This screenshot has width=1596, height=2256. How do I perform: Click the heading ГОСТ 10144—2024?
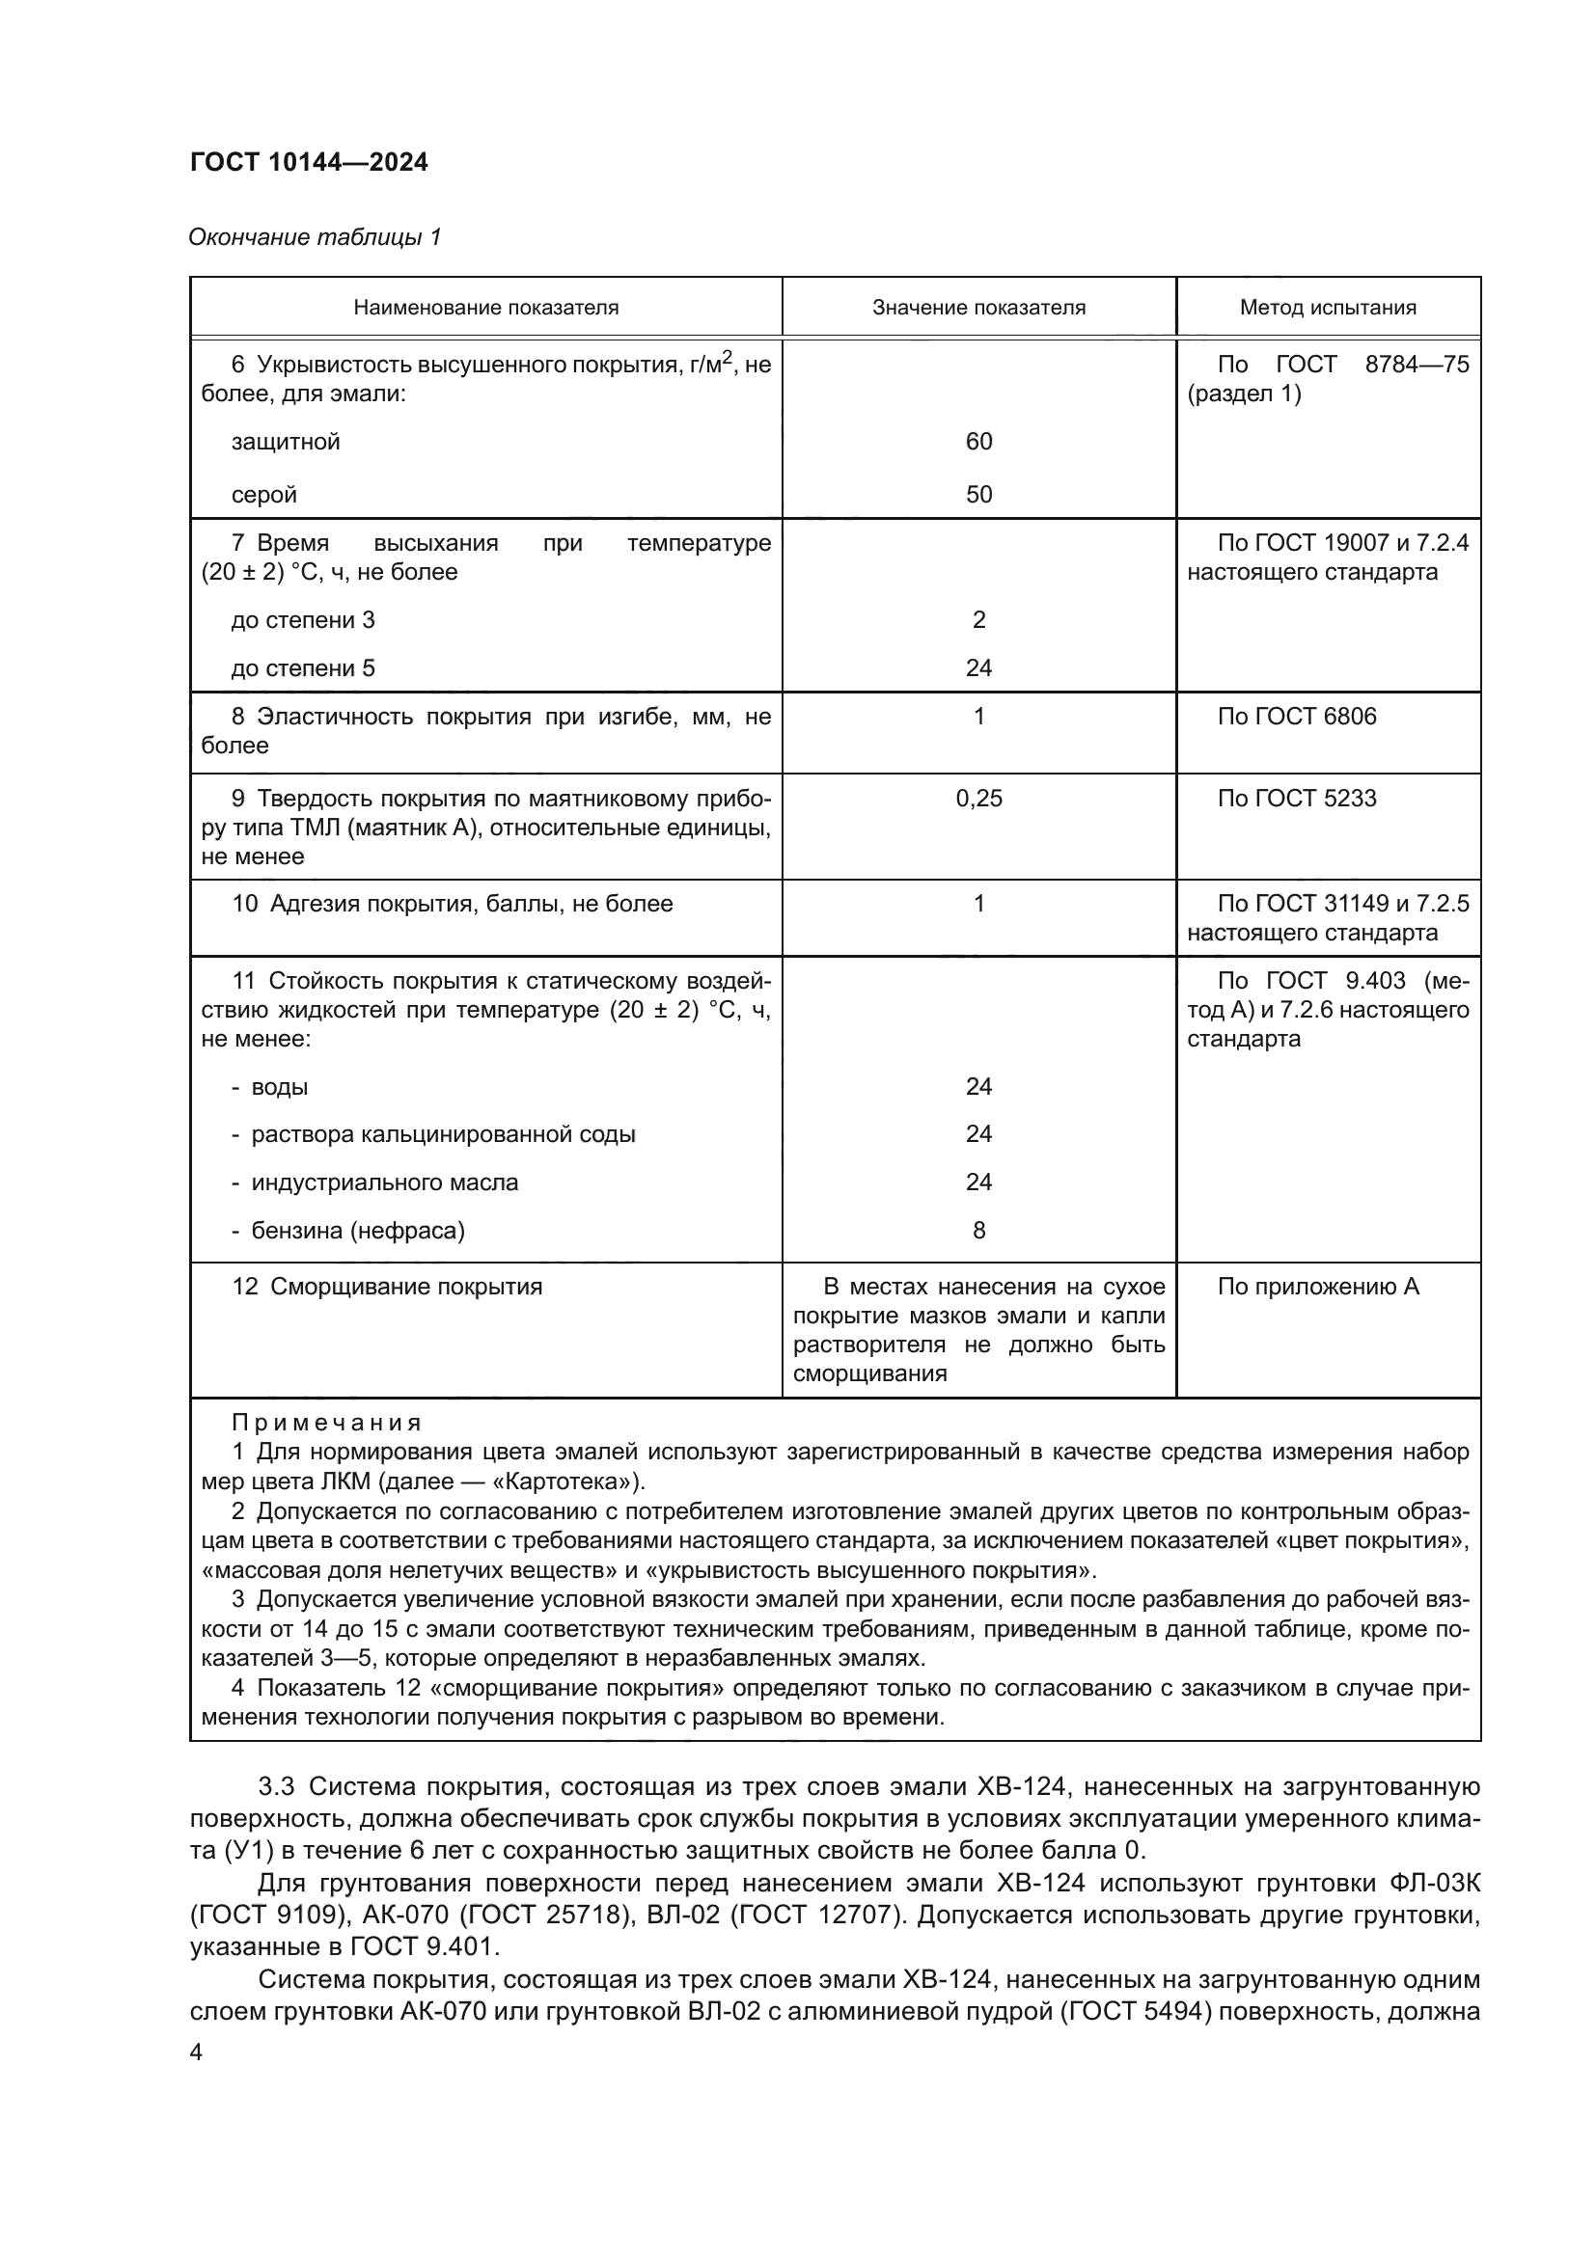(309, 162)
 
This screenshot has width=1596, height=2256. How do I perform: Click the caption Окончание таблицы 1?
(315, 237)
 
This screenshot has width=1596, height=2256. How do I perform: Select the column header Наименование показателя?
(485, 308)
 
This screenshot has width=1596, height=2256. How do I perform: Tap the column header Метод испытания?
(1328, 308)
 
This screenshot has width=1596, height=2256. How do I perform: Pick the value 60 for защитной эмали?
(978, 441)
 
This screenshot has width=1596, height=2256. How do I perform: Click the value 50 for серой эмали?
(978, 494)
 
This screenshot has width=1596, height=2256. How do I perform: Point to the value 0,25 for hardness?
(978, 798)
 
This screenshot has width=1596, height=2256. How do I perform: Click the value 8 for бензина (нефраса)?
(978, 1230)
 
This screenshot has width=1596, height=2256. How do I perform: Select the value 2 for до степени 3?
(978, 620)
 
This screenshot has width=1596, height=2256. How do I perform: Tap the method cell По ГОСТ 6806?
(1296, 717)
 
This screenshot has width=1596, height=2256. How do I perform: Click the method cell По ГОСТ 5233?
(1296, 798)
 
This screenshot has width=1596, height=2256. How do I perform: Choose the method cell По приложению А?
(1318, 1287)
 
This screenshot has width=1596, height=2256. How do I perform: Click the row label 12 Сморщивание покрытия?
(387, 1287)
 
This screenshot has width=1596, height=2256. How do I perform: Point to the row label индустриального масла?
(384, 1182)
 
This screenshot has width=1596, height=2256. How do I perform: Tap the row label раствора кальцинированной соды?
(443, 1134)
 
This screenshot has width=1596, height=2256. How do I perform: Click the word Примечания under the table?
(326, 1423)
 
